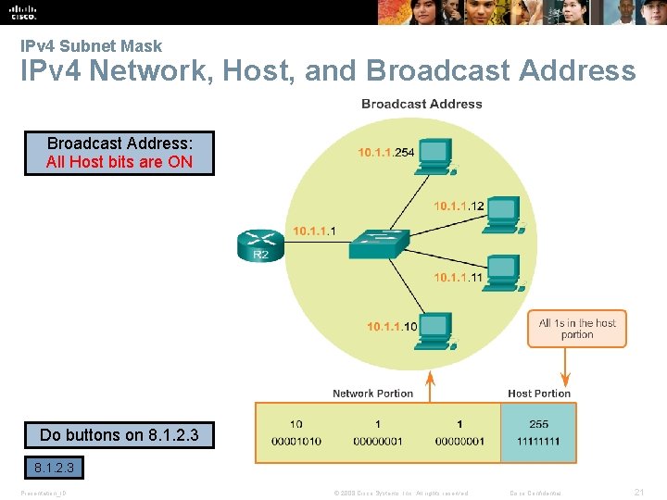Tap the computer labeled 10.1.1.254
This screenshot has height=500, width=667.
(435, 155)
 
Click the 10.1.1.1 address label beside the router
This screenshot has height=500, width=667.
(314, 231)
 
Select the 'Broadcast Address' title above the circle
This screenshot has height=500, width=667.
(422, 104)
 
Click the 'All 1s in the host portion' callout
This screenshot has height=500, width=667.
(577, 329)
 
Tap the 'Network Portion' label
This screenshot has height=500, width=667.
(372, 394)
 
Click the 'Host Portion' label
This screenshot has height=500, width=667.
(539, 394)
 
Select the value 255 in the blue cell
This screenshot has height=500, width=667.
(538, 424)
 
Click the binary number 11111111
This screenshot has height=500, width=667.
(538, 441)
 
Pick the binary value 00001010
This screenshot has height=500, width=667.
(296, 441)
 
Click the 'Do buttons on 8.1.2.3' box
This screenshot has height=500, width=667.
(120, 435)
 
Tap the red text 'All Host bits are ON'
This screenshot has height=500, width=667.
(120, 162)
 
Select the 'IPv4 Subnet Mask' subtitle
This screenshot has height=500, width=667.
(91, 45)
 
